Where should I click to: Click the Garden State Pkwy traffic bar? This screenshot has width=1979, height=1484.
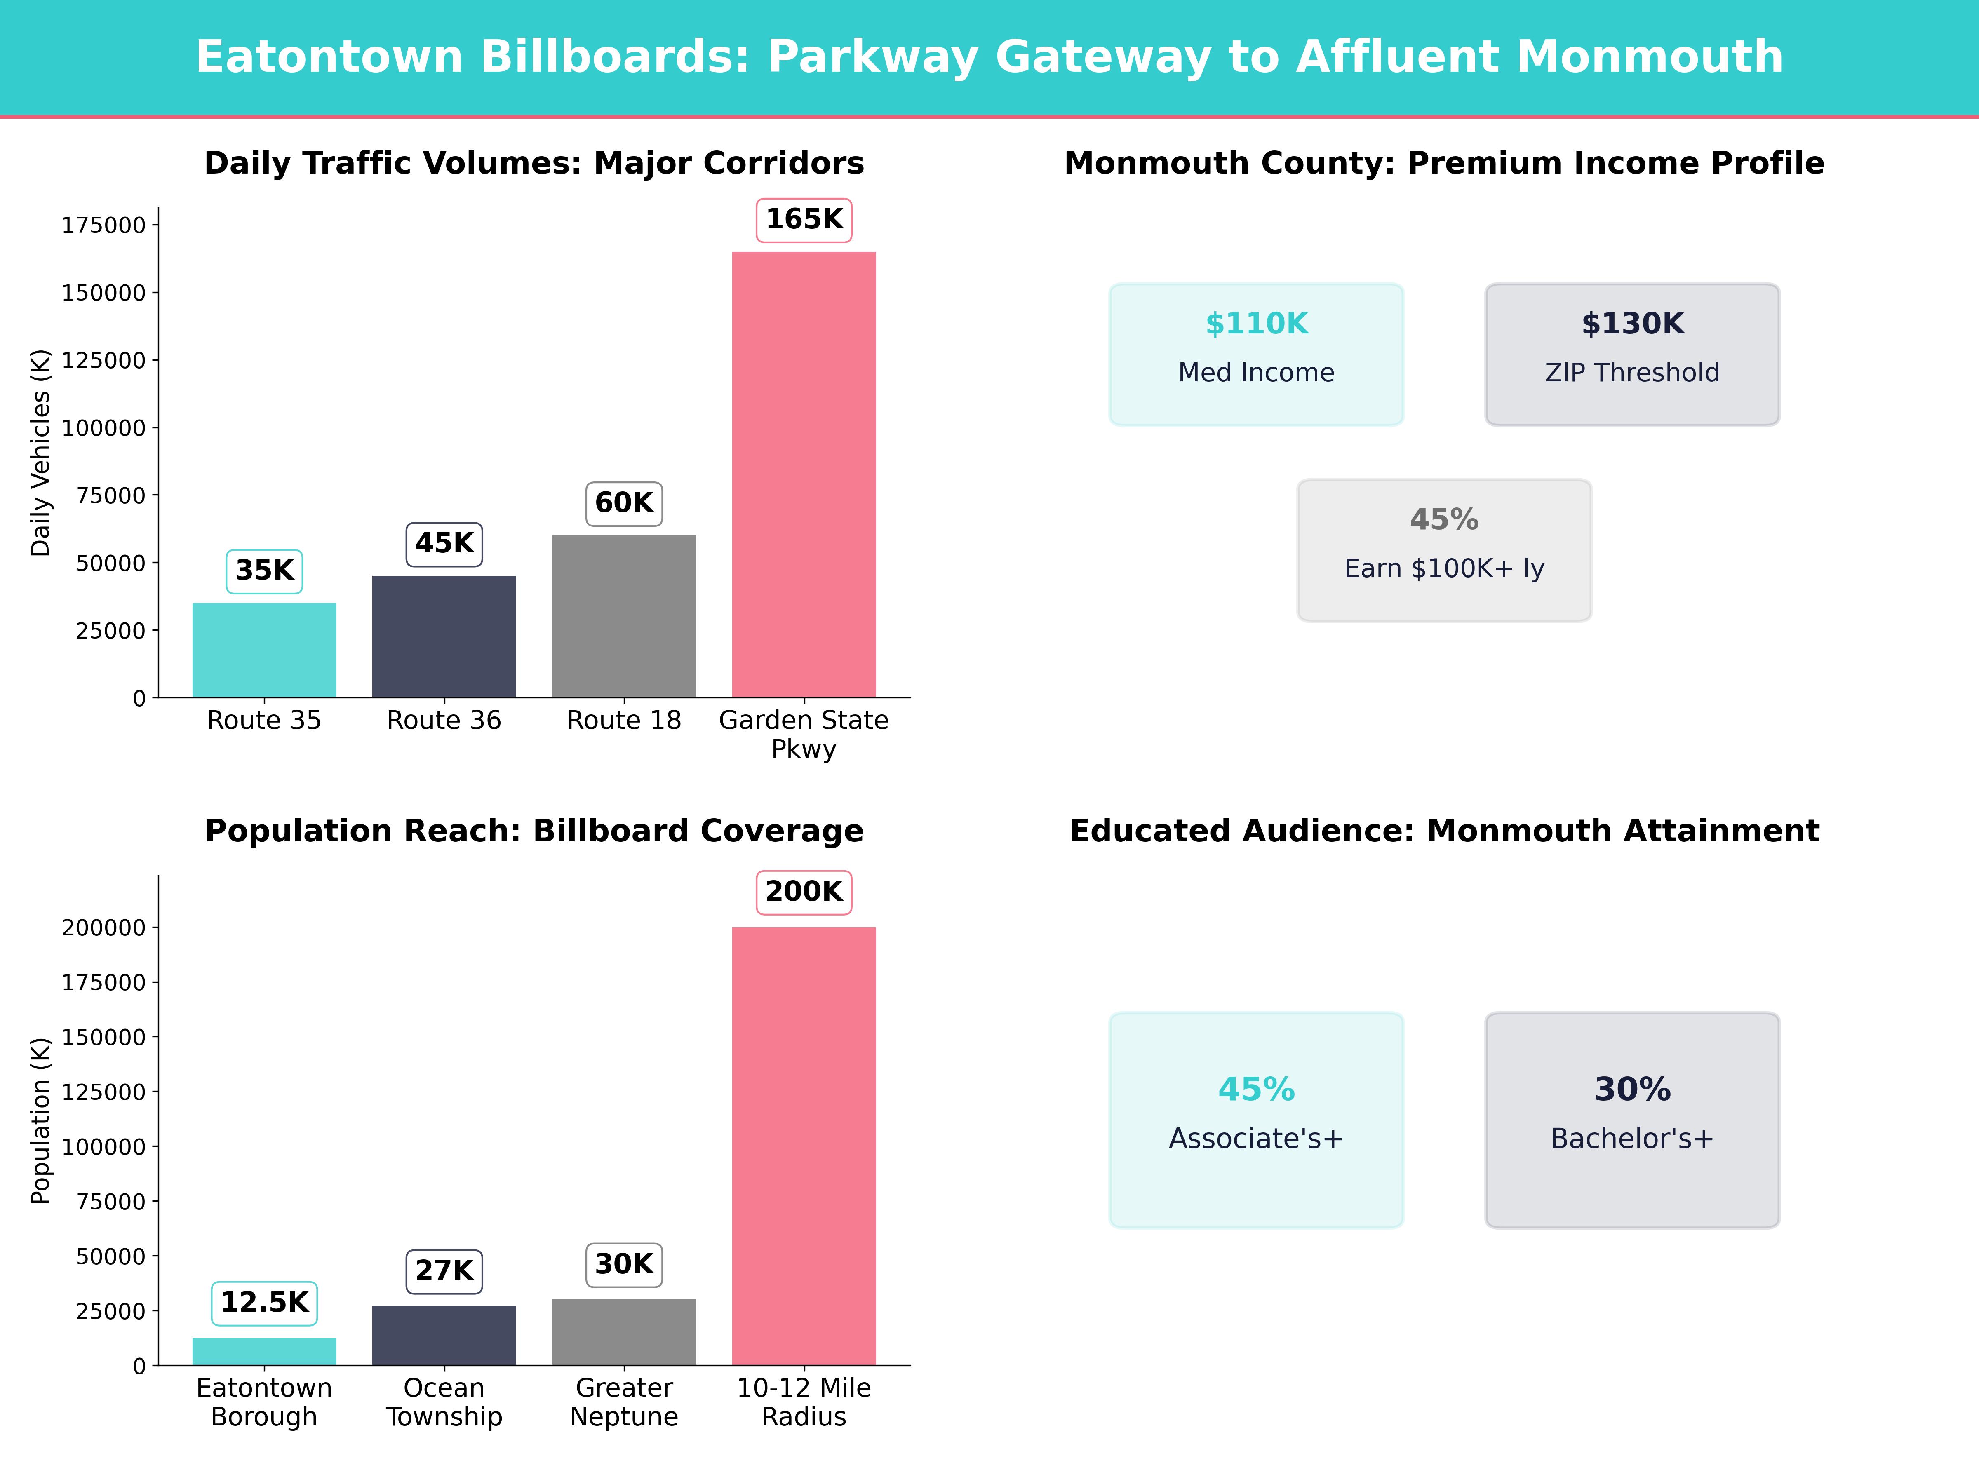tap(804, 474)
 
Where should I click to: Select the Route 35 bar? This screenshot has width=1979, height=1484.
tap(264, 650)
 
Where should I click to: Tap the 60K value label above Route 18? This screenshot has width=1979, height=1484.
tap(623, 503)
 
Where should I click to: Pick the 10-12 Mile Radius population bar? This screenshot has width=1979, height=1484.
tap(804, 1145)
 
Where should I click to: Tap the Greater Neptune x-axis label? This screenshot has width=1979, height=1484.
tap(623, 1402)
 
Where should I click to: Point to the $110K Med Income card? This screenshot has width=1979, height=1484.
tap(1256, 354)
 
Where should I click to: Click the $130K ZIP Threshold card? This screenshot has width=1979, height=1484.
tap(1632, 354)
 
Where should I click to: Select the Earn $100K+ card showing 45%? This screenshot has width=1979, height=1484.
tap(1444, 550)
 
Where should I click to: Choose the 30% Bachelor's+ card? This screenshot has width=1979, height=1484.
tap(1632, 1120)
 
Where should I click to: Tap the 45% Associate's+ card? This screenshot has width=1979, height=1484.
tap(1256, 1120)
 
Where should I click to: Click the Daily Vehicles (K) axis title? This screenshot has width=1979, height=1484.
tap(40, 453)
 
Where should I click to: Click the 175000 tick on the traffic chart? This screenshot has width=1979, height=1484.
tap(103, 225)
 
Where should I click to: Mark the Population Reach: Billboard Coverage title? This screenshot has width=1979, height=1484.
tap(534, 831)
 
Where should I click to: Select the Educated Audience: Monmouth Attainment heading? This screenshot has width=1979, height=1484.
tap(1444, 831)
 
